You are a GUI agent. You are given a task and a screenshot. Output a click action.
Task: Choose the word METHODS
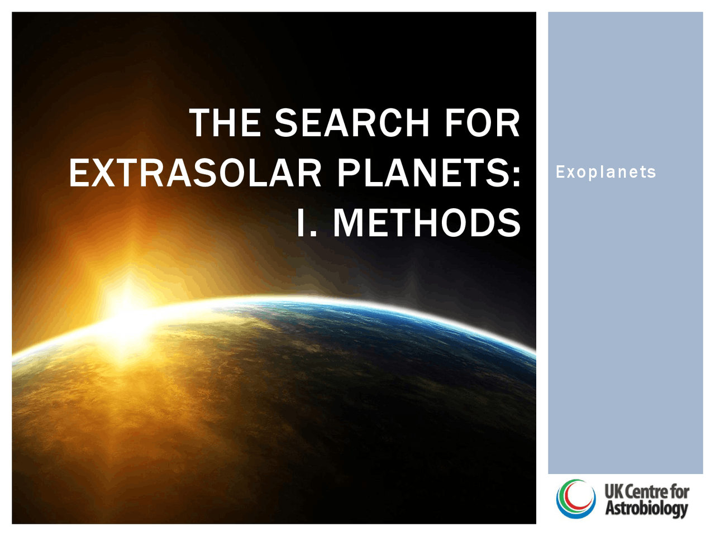[x=427, y=223]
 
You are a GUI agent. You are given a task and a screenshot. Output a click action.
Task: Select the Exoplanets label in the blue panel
[x=606, y=172]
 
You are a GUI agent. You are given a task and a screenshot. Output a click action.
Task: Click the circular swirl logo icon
[x=575, y=499]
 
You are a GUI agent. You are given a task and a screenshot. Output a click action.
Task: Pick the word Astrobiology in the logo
[x=646, y=509]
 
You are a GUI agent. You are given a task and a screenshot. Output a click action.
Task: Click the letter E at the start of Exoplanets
[x=560, y=172]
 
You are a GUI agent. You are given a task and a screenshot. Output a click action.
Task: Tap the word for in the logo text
[x=680, y=492]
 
